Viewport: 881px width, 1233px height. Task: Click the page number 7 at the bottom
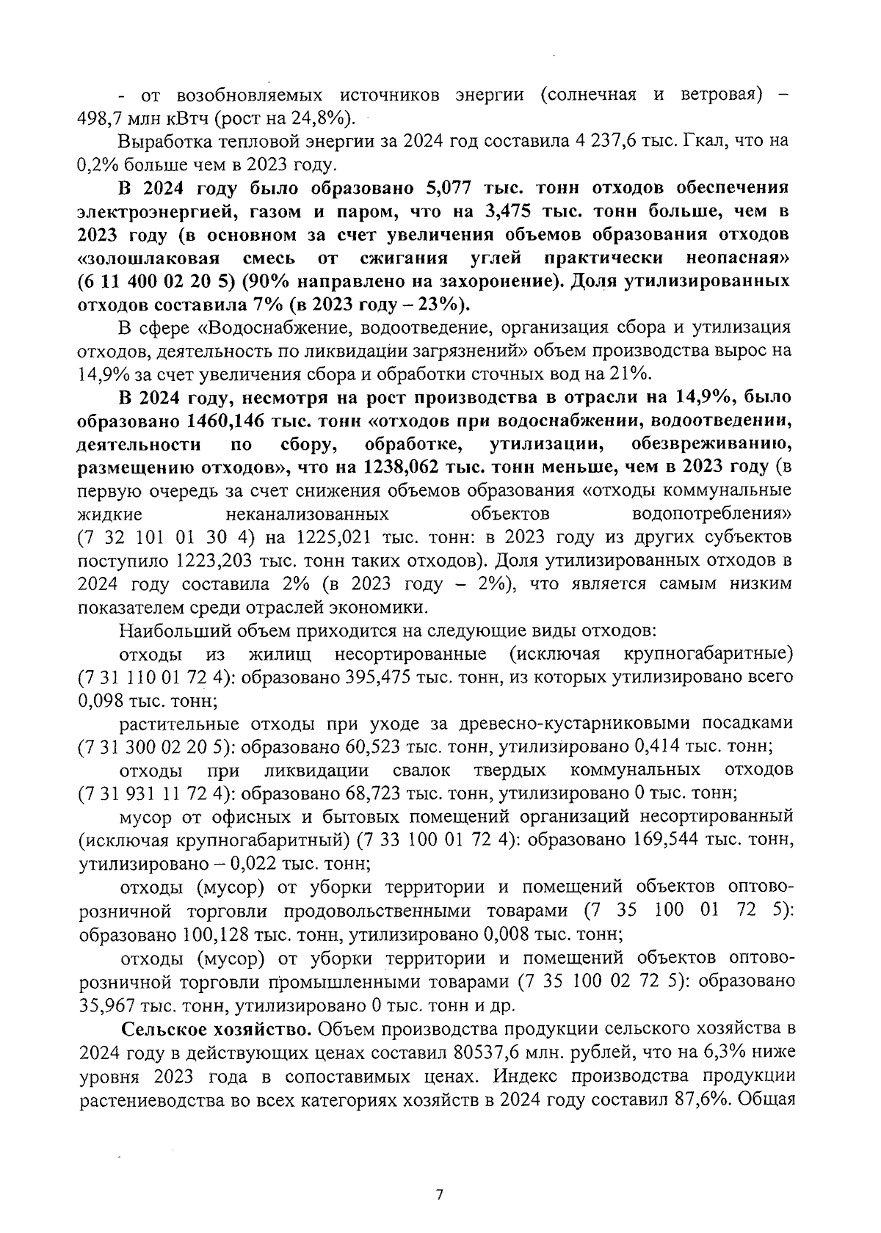[x=440, y=1194]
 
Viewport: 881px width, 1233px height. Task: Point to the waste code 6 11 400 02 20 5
[x=155, y=282]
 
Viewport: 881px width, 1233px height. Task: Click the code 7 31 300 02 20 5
[x=153, y=747]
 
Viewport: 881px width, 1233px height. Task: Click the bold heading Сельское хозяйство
[x=217, y=1028]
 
